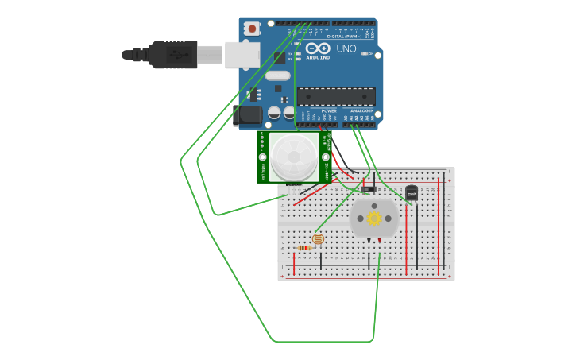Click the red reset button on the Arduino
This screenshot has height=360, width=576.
coord(253,29)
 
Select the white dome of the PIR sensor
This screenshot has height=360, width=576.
coord(293,156)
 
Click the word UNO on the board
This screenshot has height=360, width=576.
coord(346,48)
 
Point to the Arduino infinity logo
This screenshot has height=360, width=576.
coord(318,48)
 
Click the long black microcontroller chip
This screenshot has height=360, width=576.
coord(336,96)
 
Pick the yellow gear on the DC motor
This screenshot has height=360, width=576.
coord(373,218)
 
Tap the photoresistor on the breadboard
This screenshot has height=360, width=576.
coord(319,238)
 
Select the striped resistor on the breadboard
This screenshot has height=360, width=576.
coord(304,248)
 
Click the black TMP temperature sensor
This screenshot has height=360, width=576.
coord(412,192)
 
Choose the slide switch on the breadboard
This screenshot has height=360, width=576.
coord(369,189)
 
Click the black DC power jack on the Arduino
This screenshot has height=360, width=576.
coord(249,115)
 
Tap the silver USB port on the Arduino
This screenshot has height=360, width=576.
coord(242,54)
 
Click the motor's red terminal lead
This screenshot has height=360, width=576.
coord(379,239)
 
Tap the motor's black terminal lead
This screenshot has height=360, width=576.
coord(369,239)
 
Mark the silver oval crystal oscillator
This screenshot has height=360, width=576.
coord(277,75)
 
